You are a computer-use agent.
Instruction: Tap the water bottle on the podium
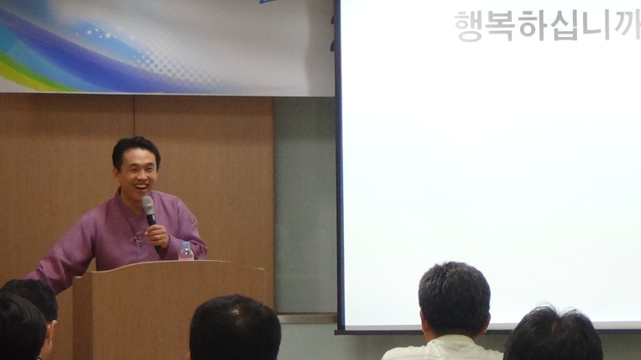[x=186, y=251]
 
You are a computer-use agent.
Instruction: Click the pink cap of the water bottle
[x=186, y=244]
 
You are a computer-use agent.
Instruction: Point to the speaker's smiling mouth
[x=142, y=187]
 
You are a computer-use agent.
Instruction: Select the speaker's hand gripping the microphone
[x=158, y=237]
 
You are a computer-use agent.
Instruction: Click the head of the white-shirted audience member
[x=454, y=300]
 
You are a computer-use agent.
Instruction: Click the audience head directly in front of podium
[x=235, y=328]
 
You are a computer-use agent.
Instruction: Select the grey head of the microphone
[x=148, y=205]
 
